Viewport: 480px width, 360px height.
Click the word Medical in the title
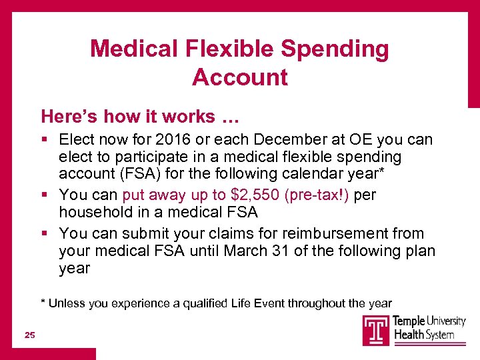tap(133, 49)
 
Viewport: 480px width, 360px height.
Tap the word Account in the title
tap(240, 77)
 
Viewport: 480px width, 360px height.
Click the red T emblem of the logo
tap(376, 329)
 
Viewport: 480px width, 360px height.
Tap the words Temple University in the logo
tap(430, 321)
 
